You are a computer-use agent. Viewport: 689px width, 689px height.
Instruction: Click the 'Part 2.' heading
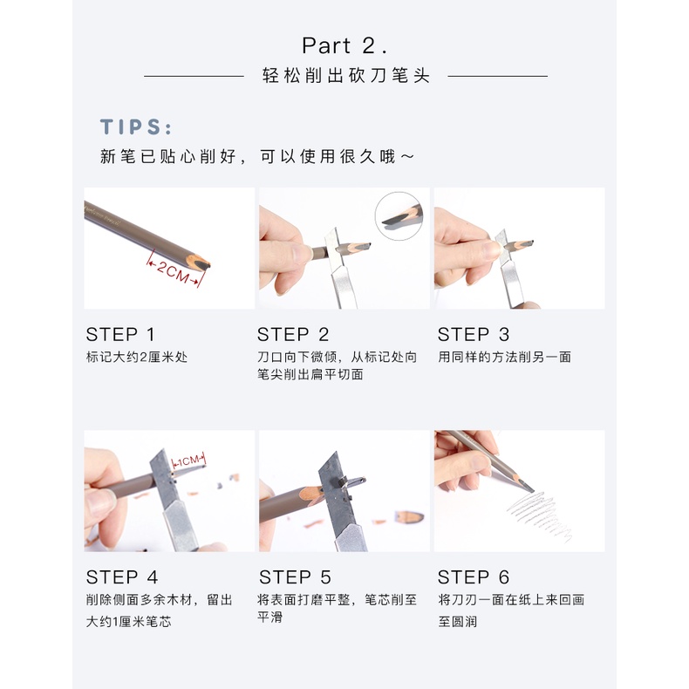(344, 45)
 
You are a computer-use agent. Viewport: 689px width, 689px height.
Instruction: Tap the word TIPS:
(136, 127)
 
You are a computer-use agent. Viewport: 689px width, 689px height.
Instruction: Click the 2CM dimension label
(174, 269)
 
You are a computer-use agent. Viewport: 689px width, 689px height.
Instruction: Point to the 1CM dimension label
(189, 460)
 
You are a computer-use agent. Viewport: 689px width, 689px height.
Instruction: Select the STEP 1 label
(120, 334)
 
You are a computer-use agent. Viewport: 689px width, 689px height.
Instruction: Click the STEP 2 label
(293, 334)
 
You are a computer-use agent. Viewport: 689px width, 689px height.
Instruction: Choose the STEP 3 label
(474, 334)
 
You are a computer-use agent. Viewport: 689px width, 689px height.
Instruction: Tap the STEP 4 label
(122, 577)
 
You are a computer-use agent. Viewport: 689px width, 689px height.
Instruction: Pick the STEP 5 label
(296, 577)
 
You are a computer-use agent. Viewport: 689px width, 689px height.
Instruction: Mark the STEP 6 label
(474, 577)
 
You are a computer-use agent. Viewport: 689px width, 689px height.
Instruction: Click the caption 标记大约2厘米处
(136, 357)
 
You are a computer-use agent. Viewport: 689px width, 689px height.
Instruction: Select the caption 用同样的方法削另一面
(504, 357)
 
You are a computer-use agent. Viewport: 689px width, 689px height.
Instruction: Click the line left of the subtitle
(194, 76)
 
